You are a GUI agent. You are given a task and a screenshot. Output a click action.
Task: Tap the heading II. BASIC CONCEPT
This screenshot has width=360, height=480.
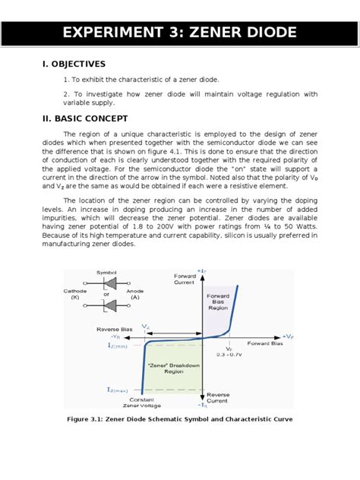click(x=85, y=118)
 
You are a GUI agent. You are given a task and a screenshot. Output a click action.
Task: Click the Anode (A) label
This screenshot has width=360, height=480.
click(x=134, y=294)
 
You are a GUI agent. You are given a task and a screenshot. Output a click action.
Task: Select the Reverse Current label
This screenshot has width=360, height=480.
click(x=219, y=398)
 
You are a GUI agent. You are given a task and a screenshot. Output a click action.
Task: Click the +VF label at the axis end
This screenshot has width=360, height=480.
click(x=287, y=335)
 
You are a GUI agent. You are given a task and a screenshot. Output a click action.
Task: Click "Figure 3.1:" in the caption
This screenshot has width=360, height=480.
click(x=89, y=419)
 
